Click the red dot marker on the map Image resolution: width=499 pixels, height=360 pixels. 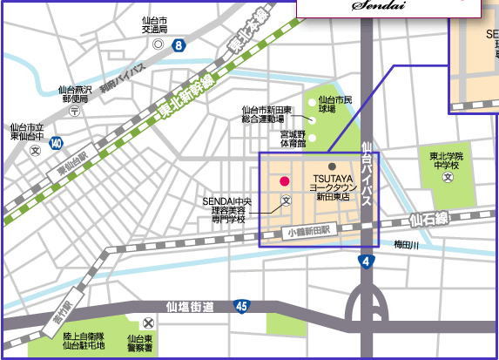point(283,180)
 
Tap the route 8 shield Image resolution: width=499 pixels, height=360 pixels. point(178,44)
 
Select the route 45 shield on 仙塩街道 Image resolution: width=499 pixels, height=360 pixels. point(241,306)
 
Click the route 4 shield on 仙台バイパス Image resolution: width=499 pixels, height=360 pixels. point(366,261)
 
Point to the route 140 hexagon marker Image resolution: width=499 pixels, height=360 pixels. point(57,141)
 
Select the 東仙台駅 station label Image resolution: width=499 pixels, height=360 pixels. point(71,163)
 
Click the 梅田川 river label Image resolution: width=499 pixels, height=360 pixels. point(406,245)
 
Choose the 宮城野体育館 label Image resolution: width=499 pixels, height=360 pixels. point(293,139)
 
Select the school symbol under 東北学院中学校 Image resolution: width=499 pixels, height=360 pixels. point(448,178)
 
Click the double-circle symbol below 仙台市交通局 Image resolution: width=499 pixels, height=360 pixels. point(158,43)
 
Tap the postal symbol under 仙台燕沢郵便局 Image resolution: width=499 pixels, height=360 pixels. point(74,112)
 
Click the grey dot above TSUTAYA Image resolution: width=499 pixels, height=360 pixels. point(332,166)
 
